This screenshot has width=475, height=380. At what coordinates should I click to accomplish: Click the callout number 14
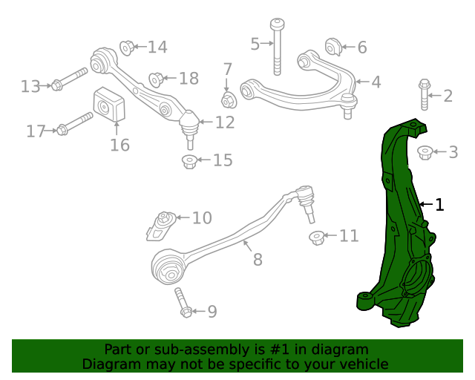pyautogui.click(x=157, y=47)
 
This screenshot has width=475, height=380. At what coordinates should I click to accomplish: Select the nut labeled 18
pyautogui.click(x=157, y=78)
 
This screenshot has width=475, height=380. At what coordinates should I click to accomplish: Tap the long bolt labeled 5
pyautogui.click(x=278, y=45)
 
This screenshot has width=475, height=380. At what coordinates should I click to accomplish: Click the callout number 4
pyautogui.click(x=376, y=82)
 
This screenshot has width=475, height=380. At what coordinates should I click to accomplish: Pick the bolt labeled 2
pyautogui.click(x=425, y=94)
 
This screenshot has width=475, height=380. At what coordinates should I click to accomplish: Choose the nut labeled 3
pyautogui.click(x=425, y=152)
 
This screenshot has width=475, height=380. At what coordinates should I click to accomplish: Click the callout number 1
pyautogui.click(x=440, y=204)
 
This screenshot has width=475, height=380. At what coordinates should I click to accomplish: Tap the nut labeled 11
pyautogui.click(x=317, y=237)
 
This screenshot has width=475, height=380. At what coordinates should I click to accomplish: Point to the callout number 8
pyautogui.click(x=258, y=261)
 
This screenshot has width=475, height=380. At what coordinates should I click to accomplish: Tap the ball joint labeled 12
pyautogui.click(x=190, y=125)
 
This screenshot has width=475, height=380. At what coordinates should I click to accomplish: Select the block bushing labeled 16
pyautogui.click(x=108, y=107)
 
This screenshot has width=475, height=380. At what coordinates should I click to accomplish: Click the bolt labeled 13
pyautogui.click(x=71, y=79)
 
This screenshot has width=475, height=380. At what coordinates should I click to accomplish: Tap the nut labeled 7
pyautogui.click(x=229, y=99)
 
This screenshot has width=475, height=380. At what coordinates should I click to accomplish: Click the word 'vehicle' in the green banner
pyautogui.click(x=361, y=364)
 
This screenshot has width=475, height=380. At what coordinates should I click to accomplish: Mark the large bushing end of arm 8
pyautogui.click(x=168, y=267)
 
